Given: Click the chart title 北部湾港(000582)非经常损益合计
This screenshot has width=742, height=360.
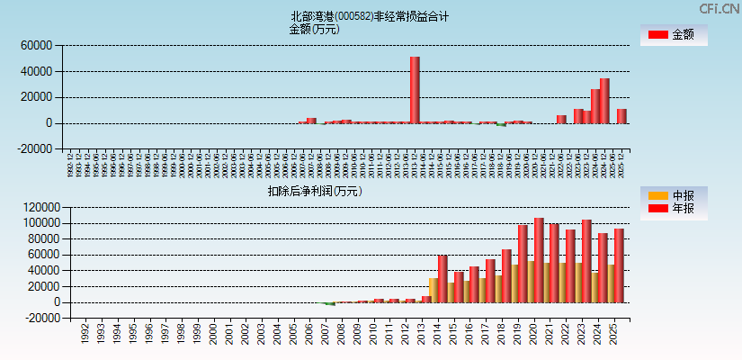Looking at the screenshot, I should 370,16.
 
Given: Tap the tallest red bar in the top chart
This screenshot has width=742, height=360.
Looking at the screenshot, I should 415,90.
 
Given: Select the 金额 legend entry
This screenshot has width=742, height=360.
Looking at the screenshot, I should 674,35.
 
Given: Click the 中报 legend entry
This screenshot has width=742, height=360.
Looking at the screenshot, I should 674,195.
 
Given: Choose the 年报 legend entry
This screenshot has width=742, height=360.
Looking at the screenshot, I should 674,209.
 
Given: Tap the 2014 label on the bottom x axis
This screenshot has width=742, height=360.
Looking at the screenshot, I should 438,335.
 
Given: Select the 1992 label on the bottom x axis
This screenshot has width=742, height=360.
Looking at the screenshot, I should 85,335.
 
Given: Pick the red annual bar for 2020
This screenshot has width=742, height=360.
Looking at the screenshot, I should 539,260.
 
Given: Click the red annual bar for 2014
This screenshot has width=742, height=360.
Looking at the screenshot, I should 443,279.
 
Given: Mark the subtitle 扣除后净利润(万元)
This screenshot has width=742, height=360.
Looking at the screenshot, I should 315,191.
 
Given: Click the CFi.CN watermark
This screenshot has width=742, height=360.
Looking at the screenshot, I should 719,8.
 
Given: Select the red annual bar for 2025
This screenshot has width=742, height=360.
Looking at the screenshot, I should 619,265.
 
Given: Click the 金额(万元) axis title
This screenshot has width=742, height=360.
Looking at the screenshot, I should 314,29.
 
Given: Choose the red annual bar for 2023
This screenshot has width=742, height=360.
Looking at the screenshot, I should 586,261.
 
